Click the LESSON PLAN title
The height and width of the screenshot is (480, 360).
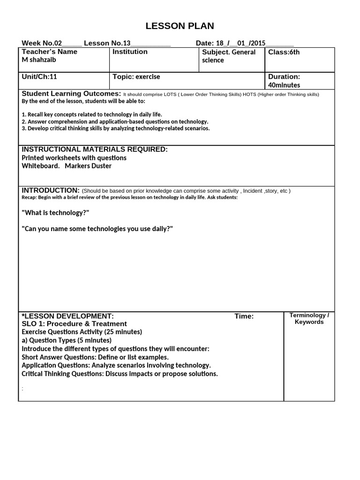click(180, 26)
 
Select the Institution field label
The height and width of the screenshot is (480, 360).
click(130, 52)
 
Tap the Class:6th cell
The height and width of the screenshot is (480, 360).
click(284, 52)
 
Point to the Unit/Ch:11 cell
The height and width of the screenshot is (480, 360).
click(39, 76)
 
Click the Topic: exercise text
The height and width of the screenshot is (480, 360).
click(136, 76)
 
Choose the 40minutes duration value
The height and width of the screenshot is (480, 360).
click(284, 85)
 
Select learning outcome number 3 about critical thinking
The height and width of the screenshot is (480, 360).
click(116, 128)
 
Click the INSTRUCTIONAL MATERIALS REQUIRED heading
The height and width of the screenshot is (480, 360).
click(94, 149)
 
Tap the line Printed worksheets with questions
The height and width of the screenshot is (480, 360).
click(74, 158)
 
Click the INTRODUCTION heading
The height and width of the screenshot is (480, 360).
click(51, 190)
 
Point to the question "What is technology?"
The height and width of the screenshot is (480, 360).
click(55, 213)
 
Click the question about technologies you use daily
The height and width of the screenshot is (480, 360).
click(97, 229)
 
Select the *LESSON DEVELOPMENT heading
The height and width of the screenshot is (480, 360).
click(67, 316)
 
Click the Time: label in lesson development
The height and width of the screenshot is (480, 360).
click(244, 316)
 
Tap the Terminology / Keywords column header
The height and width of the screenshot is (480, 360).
click(309, 319)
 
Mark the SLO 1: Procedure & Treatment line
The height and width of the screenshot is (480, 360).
click(74, 324)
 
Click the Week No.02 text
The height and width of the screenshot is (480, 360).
click(42, 43)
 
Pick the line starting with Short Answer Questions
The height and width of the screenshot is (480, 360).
click(95, 357)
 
